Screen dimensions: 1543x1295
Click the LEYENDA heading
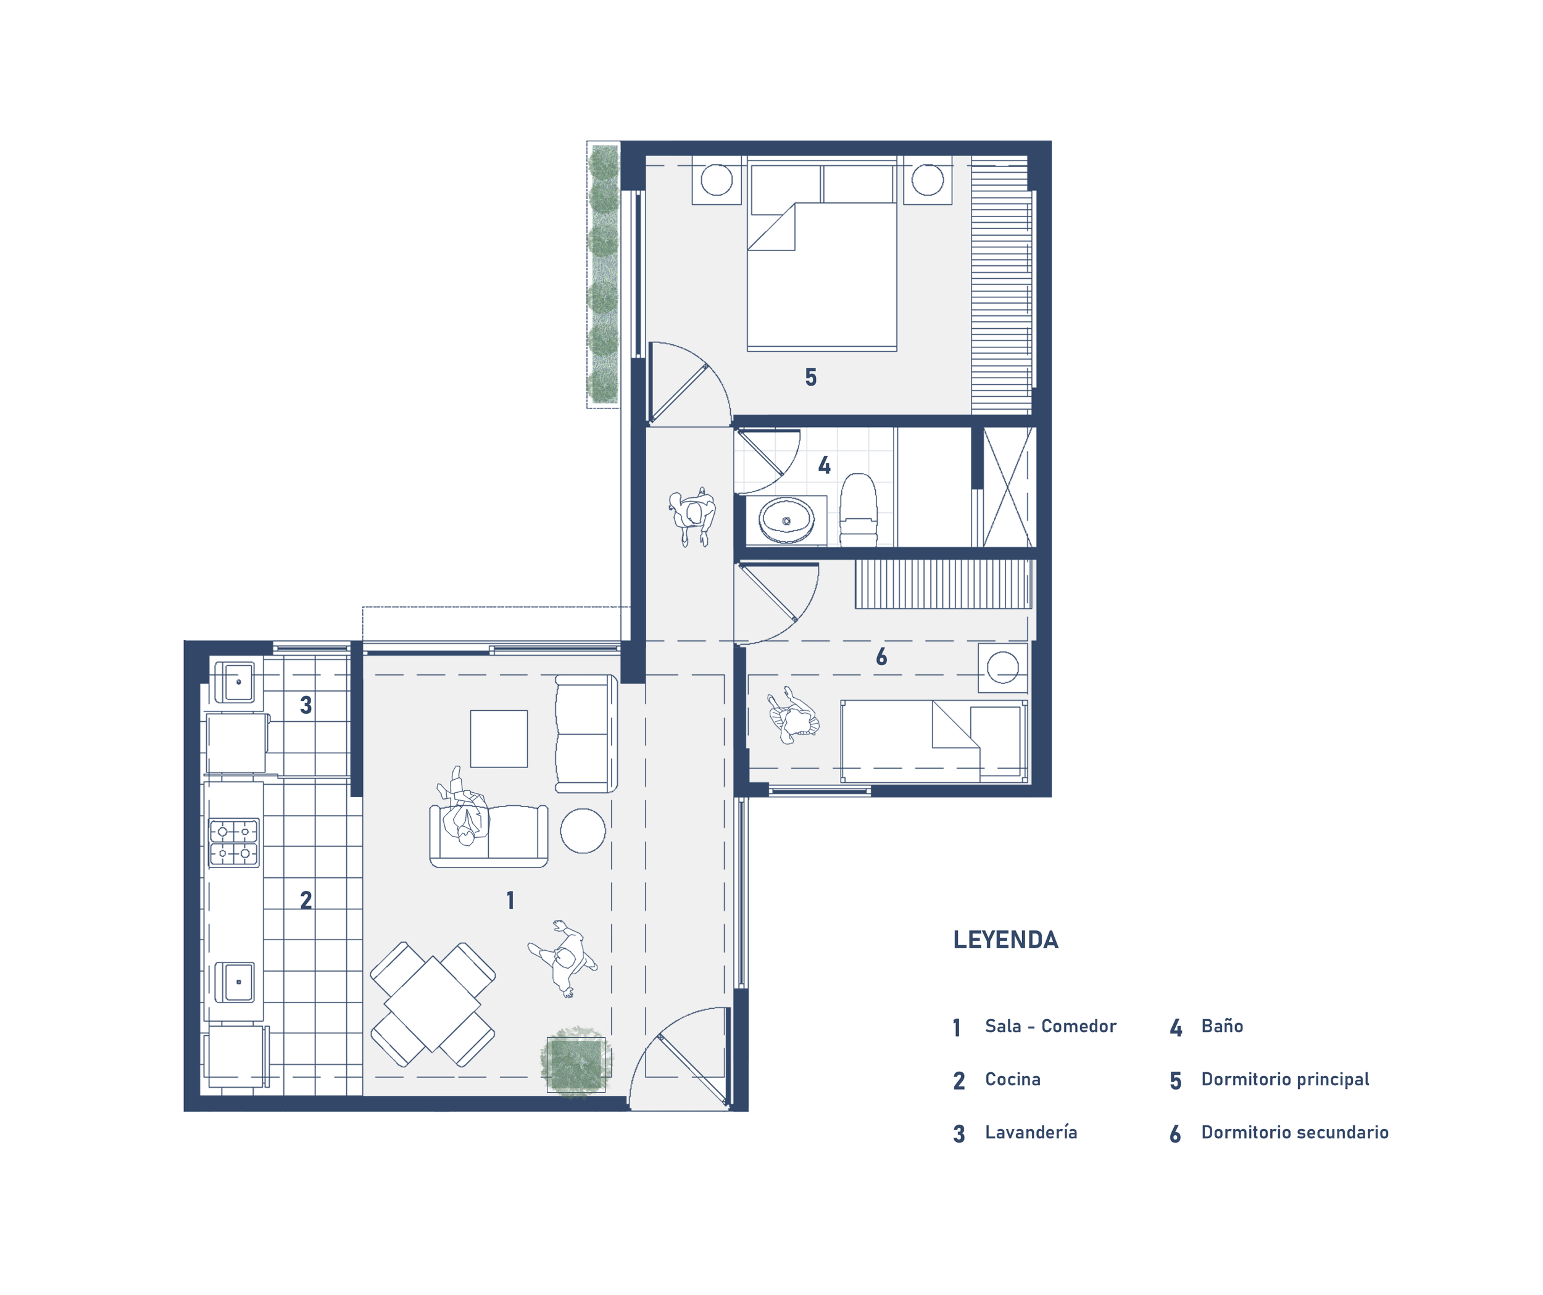[x=1005, y=940]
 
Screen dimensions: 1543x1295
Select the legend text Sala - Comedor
[x=1050, y=1026]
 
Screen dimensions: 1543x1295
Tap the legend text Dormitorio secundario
[x=1295, y=1132]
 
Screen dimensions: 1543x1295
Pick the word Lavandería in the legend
[x=1031, y=1132]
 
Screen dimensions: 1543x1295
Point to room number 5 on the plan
[x=810, y=378]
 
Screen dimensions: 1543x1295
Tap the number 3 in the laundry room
[x=306, y=705]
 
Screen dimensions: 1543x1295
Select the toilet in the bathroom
[x=858, y=509]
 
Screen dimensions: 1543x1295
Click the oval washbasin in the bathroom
[x=786, y=520]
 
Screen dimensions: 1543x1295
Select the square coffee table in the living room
[x=499, y=739]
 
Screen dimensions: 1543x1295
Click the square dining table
[x=433, y=1004]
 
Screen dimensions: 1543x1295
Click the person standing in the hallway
[x=692, y=516]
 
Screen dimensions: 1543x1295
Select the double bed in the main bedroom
[x=821, y=254]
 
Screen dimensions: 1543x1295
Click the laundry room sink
[x=235, y=682]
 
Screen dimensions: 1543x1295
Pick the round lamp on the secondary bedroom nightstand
[x=1002, y=668]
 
